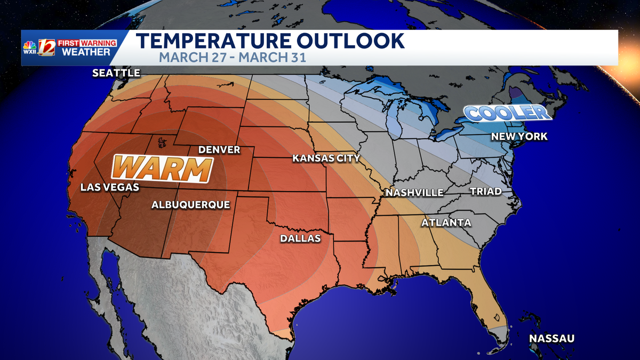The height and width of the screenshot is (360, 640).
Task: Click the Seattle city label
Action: (116, 73)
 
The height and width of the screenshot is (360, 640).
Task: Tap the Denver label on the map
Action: (219, 149)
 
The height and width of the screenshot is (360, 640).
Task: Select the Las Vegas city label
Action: (109, 187)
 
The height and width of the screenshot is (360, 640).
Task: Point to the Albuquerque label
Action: (190, 204)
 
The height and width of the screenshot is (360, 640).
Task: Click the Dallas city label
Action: (301, 238)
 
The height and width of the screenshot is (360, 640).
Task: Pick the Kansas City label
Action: (326, 158)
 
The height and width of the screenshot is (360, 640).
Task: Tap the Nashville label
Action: (414, 193)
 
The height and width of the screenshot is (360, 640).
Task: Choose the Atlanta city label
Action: (446, 222)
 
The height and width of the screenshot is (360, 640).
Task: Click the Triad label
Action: (486, 191)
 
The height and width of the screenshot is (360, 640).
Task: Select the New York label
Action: (519, 137)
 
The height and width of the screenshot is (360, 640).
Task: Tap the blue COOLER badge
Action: (506, 113)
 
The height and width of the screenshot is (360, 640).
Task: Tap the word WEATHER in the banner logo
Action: (86, 52)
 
